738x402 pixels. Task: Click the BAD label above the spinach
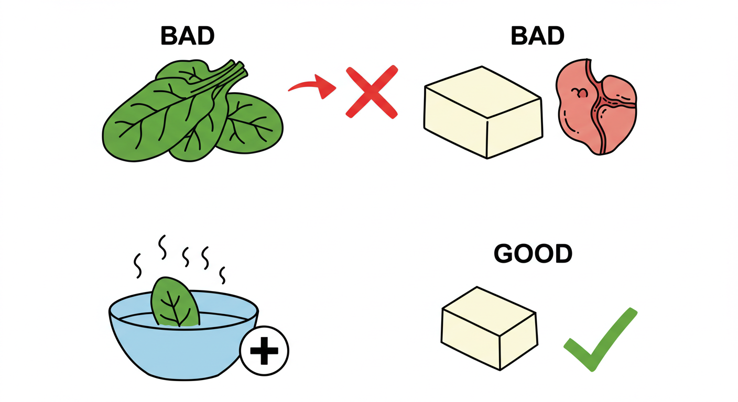pyautogui.click(x=187, y=36)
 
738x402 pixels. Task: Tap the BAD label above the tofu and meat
pyautogui.click(x=537, y=36)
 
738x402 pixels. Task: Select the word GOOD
pyautogui.click(x=533, y=254)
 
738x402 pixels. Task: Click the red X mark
pyautogui.click(x=372, y=92)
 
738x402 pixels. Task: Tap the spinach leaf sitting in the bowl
pyautogui.click(x=175, y=304)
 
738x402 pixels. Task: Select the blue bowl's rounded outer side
pyautogui.click(x=178, y=353)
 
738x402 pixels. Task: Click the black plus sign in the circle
pyautogui.click(x=264, y=351)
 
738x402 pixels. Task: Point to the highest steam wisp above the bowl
pyautogui.click(x=162, y=246)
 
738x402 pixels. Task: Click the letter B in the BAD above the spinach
pyautogui.click(x=170, y=36)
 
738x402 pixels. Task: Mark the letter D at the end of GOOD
pyautogui.click(x=562, y=254)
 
